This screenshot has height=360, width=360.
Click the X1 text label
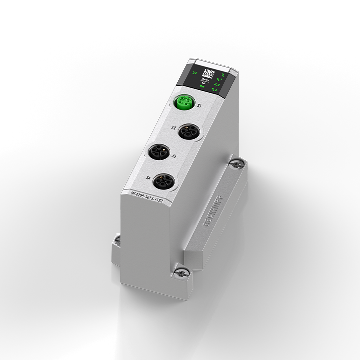point(199,106)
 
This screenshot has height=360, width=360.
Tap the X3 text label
point(173,156)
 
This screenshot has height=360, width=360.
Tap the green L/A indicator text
point(194,73)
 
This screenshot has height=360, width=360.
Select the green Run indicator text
point(201,86)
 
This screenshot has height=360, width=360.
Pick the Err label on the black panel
point(204,82)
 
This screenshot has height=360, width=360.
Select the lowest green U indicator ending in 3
point(215,90)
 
